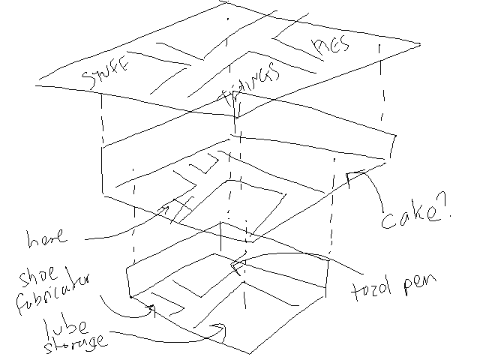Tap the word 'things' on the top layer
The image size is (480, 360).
coord(251,85)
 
